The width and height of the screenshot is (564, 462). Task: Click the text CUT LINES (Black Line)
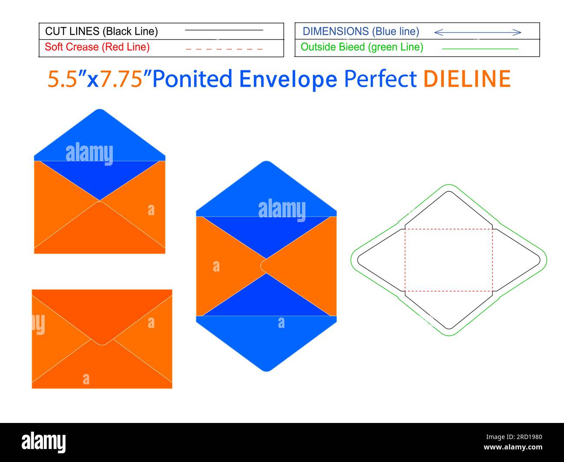[x=102, y=31]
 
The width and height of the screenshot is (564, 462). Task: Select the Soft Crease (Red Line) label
[x=97, y=47]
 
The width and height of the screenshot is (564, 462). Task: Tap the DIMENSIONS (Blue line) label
[x=361, y=31]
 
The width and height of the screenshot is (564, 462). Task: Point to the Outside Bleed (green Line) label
[x=362, y=47]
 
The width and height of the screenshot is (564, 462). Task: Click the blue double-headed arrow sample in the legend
[x=477, y=32]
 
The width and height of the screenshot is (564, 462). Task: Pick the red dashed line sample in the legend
[x=224, y=49]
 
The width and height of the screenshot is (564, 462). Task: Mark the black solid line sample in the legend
[x=224, y=30]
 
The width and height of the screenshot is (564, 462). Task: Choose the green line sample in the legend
[x=480, y=49]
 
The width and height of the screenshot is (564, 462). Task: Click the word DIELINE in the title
[x=466, y=79]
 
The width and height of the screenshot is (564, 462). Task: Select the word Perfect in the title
[x=380, y=79]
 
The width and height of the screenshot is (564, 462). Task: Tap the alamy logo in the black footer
[x=44, y=442]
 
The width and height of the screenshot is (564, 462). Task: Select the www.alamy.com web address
[x=512, y=447]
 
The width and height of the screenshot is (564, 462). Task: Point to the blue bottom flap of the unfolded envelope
[x=266, y=343]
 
